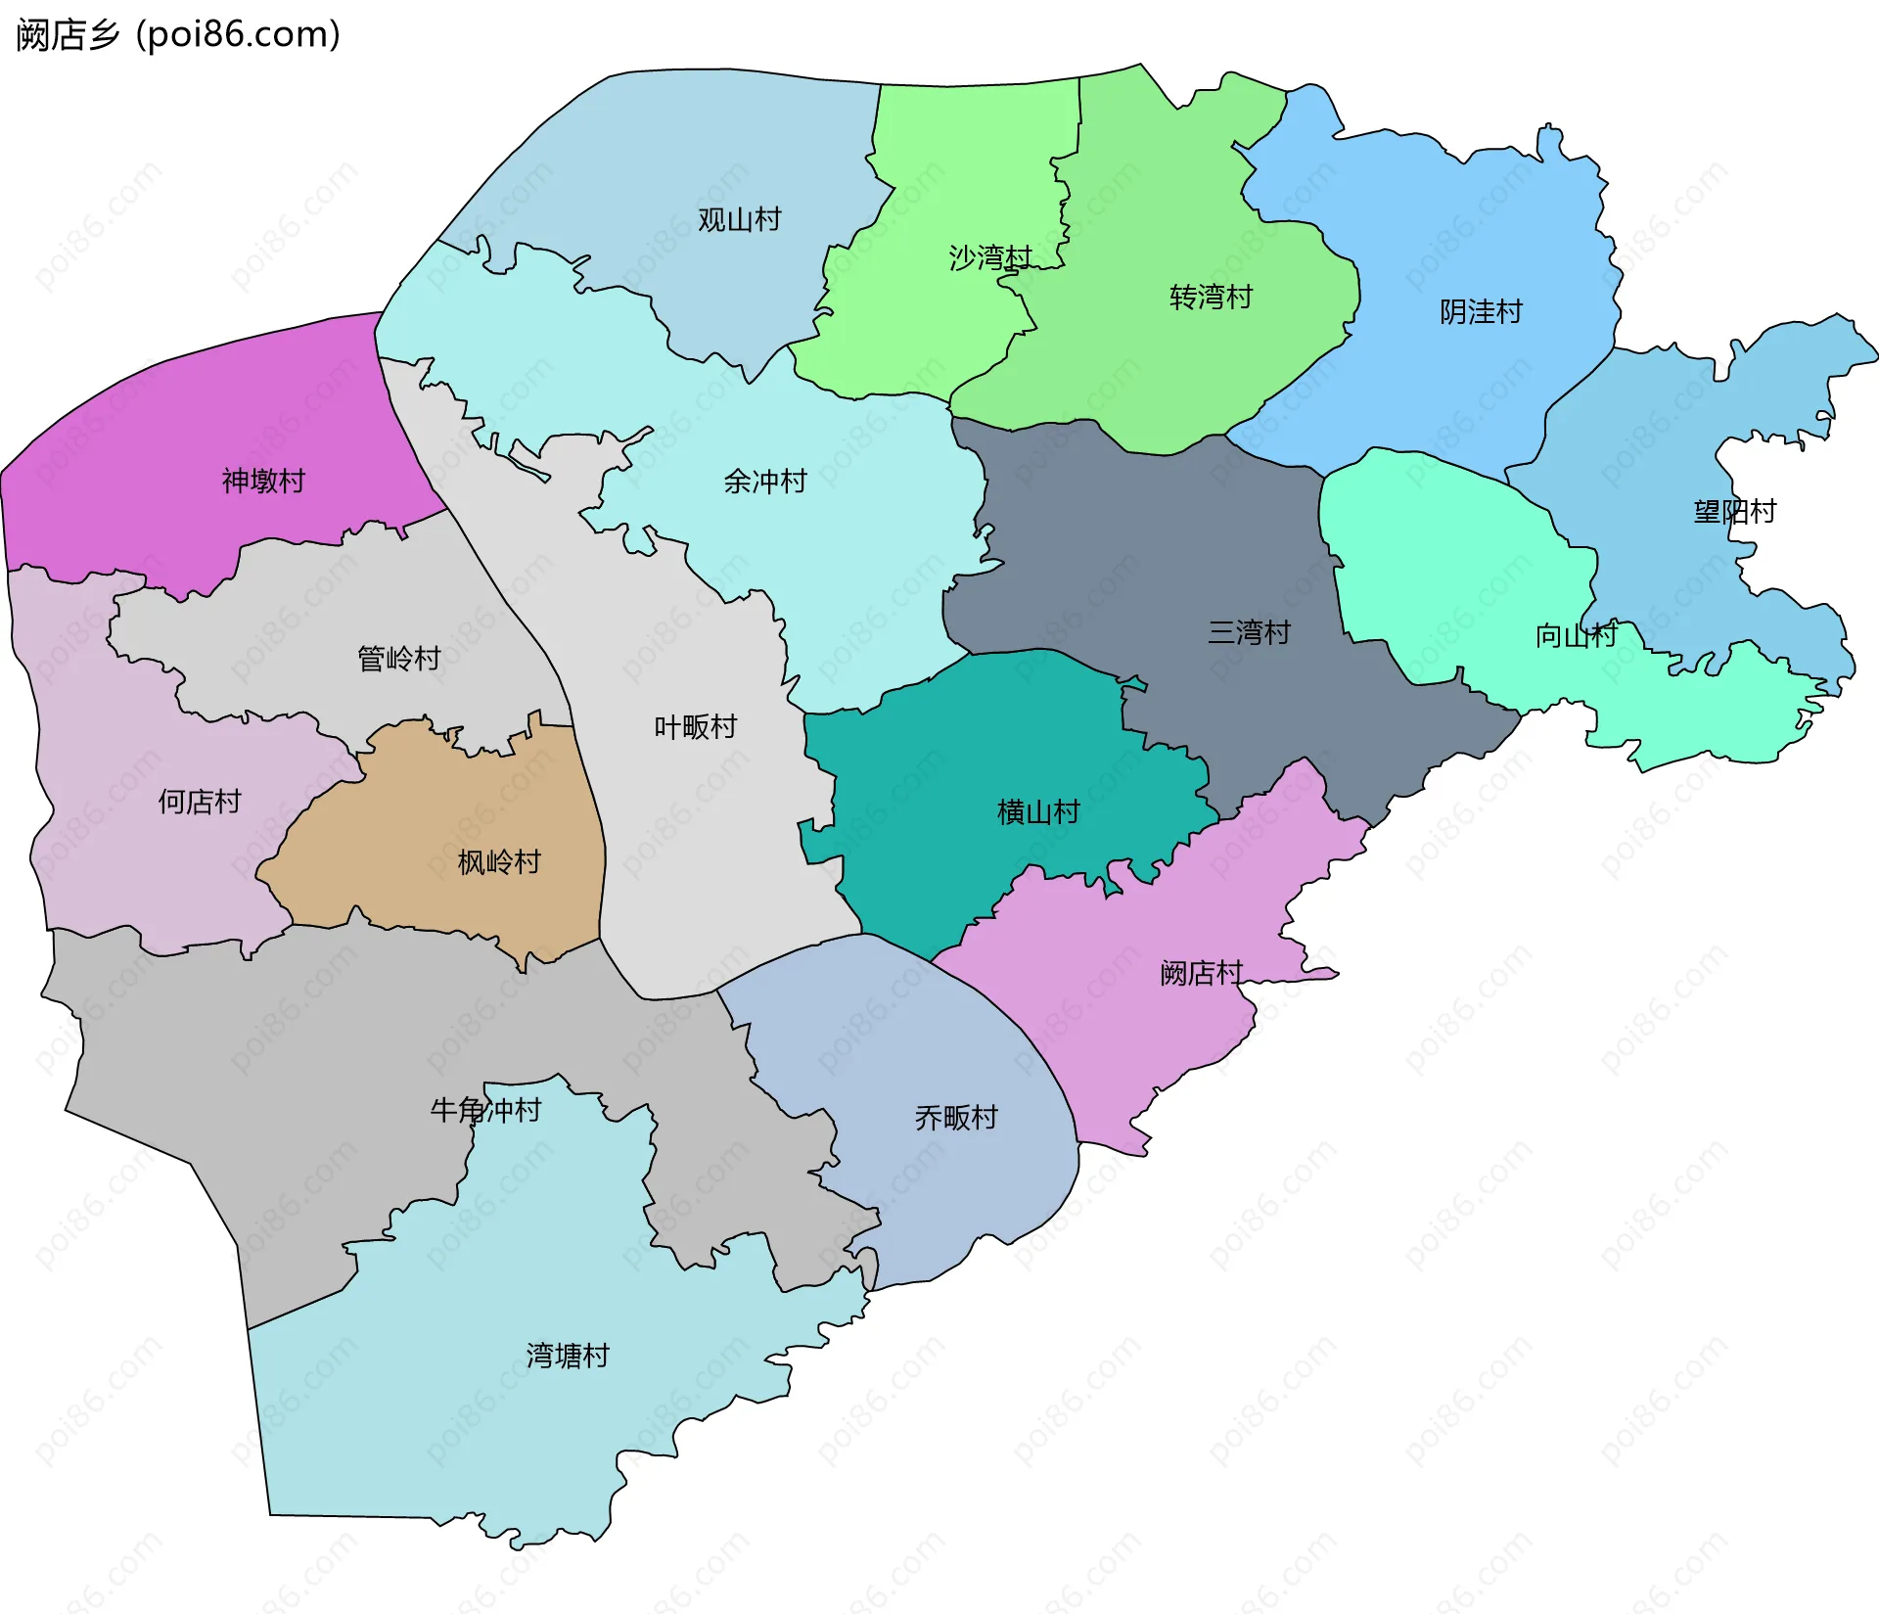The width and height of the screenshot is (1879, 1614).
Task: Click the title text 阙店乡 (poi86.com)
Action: [178, 35]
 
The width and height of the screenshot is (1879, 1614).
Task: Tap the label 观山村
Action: [739, 220]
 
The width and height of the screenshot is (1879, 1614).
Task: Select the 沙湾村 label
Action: [989, 257]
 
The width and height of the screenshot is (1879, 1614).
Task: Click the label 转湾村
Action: [1211, 297]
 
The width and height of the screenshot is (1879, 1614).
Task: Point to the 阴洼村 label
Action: [1481, 312]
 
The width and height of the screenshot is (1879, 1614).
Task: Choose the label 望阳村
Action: [1734, 512]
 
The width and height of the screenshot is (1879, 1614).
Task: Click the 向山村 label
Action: [1576, 636]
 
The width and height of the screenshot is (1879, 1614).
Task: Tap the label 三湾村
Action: [1249, 632]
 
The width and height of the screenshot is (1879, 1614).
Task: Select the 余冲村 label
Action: [764, 482]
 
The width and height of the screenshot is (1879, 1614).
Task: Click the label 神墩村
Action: [263, 481]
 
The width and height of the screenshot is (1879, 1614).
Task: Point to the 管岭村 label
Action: [398, 659]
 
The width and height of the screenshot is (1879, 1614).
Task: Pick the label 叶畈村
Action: [695, 727]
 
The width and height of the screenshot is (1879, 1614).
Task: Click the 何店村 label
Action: [200, 803]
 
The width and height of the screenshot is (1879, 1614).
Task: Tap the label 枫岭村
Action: [499, 862]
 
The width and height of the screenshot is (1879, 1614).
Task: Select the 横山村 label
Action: [1037, 812]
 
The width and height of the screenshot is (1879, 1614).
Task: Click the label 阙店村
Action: [1201, 973]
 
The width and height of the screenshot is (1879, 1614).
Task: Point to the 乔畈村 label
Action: [955, 1118]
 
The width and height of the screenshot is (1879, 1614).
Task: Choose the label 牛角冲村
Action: [485, 1110]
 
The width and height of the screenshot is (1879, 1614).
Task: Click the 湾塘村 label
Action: [568, 1356]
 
